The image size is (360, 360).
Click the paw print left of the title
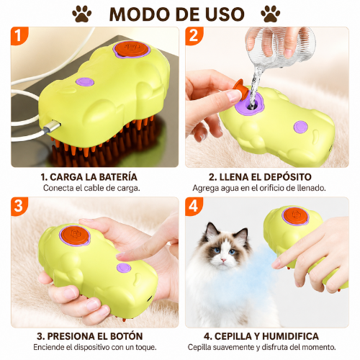(81, 14)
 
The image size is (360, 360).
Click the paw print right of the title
(271, 14)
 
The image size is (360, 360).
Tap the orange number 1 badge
(19, 35)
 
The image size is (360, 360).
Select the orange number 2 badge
(194, 35)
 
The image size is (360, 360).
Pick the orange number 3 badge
(19, 206)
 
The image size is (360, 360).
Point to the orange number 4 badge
(194, 206)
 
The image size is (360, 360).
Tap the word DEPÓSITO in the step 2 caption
(287, 177)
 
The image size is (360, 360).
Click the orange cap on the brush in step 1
(130, 49)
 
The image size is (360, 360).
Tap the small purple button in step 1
(85, 82)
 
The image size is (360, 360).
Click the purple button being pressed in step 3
(124, 268)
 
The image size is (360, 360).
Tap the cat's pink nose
(224, 260)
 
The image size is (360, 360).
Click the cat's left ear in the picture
(211, 231)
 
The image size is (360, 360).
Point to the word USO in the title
(225, 14)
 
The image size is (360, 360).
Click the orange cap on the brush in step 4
(295, 216)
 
